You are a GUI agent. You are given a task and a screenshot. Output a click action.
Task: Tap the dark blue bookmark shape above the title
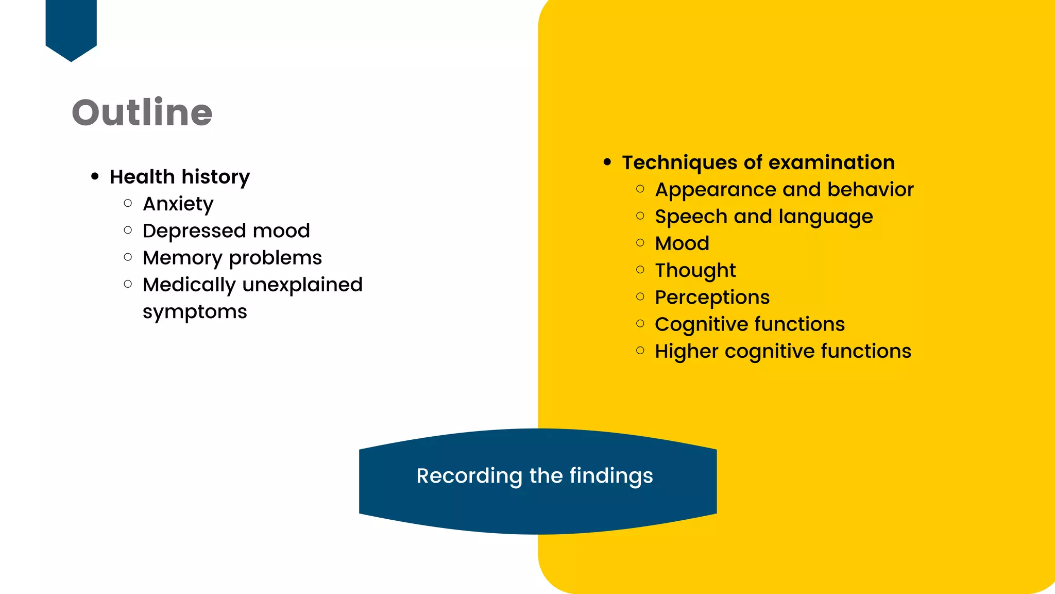[x=71, y=28]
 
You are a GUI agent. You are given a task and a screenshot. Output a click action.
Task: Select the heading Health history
[x=179, y=177]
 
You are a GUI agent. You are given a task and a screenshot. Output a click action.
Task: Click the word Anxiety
[x=178, y=204]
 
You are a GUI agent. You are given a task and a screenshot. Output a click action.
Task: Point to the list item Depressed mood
[x=226, y=231]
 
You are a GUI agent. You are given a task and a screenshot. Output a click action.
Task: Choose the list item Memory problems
[x=232, y=258]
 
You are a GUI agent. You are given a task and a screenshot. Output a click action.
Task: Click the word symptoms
[x=195, y=312]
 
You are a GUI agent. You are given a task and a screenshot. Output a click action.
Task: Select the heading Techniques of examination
[x=758, y=162]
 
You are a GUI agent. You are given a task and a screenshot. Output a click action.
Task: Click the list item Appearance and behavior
[x=784, y=190]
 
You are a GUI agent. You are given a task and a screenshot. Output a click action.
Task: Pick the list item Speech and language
[x=764, y=217]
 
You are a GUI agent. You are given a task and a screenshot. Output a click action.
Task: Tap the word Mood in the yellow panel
[x=682, y=243]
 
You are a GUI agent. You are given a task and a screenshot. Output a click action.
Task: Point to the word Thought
[x=695, y=271]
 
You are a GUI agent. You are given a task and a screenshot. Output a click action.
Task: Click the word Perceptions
[x=712, y=298]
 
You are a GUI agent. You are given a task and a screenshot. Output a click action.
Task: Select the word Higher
[x=686, y=351]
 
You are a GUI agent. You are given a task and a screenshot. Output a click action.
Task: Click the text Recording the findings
[x=535, y=476]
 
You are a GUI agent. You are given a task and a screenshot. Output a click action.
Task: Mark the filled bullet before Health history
[x=95, y=176]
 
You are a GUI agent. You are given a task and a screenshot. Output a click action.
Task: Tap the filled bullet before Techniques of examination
[x=607, y=162]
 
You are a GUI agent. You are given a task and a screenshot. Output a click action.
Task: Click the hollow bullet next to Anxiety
[x=128, y=203]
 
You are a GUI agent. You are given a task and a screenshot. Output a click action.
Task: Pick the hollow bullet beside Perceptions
[x=640, y=296]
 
